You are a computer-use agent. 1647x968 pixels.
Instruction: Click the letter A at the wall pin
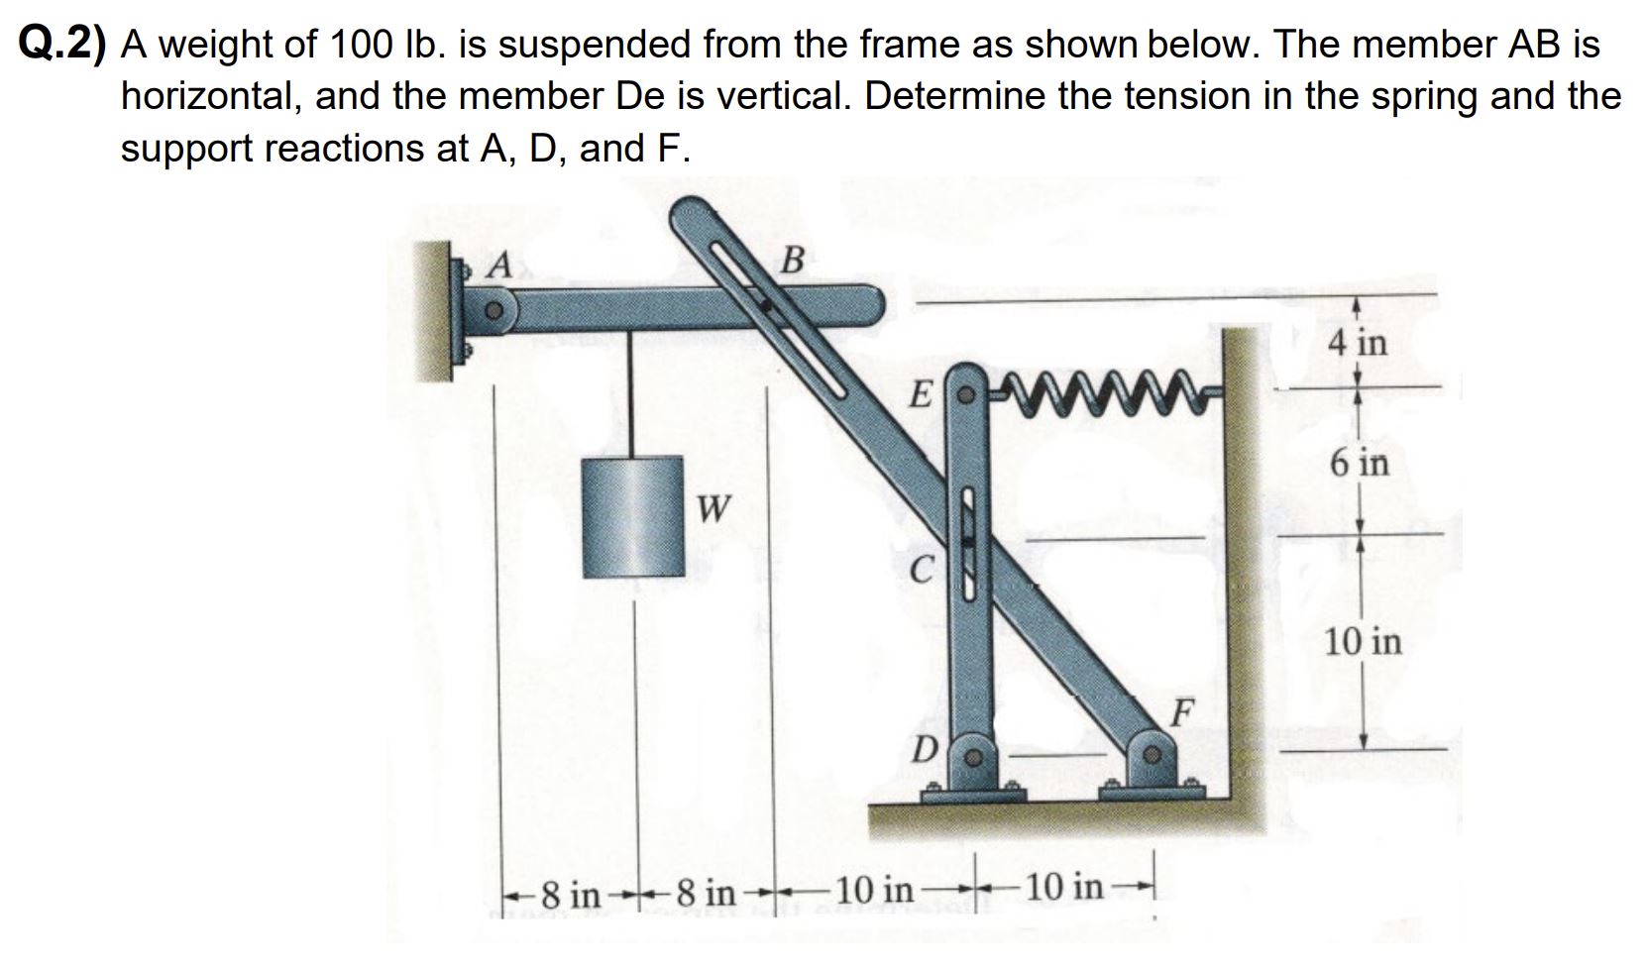[x=501, y=265]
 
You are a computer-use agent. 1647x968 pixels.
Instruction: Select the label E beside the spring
[x=920, y=397]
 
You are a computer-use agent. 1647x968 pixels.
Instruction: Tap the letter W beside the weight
[x=714, y=510]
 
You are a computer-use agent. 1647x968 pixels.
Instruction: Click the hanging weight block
[x=633, y=516]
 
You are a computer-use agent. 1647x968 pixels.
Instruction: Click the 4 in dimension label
[x=1359, y=343]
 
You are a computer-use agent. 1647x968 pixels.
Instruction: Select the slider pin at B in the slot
[x=765, y=307]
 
